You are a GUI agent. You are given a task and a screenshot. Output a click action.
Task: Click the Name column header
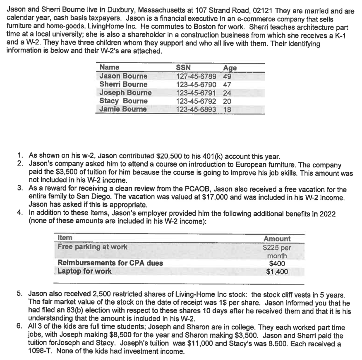(x=110, y=67)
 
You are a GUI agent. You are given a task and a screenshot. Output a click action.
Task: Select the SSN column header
(x=183, y=67)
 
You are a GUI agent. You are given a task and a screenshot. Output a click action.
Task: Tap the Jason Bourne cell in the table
(x=123, y=76)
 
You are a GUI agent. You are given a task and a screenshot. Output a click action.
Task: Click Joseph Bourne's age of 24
(x=227, y=93)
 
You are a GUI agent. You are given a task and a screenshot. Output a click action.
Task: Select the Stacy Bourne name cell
(x=123, y=101)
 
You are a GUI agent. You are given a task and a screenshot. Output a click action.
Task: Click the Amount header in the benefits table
(x=277, y=238)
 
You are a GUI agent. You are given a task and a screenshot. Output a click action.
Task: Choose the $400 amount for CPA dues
(x=277, y=263)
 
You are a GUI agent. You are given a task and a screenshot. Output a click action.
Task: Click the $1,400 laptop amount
(x=277, y=272)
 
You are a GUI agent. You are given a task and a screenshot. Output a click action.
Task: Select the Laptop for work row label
(x=84, y=272)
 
